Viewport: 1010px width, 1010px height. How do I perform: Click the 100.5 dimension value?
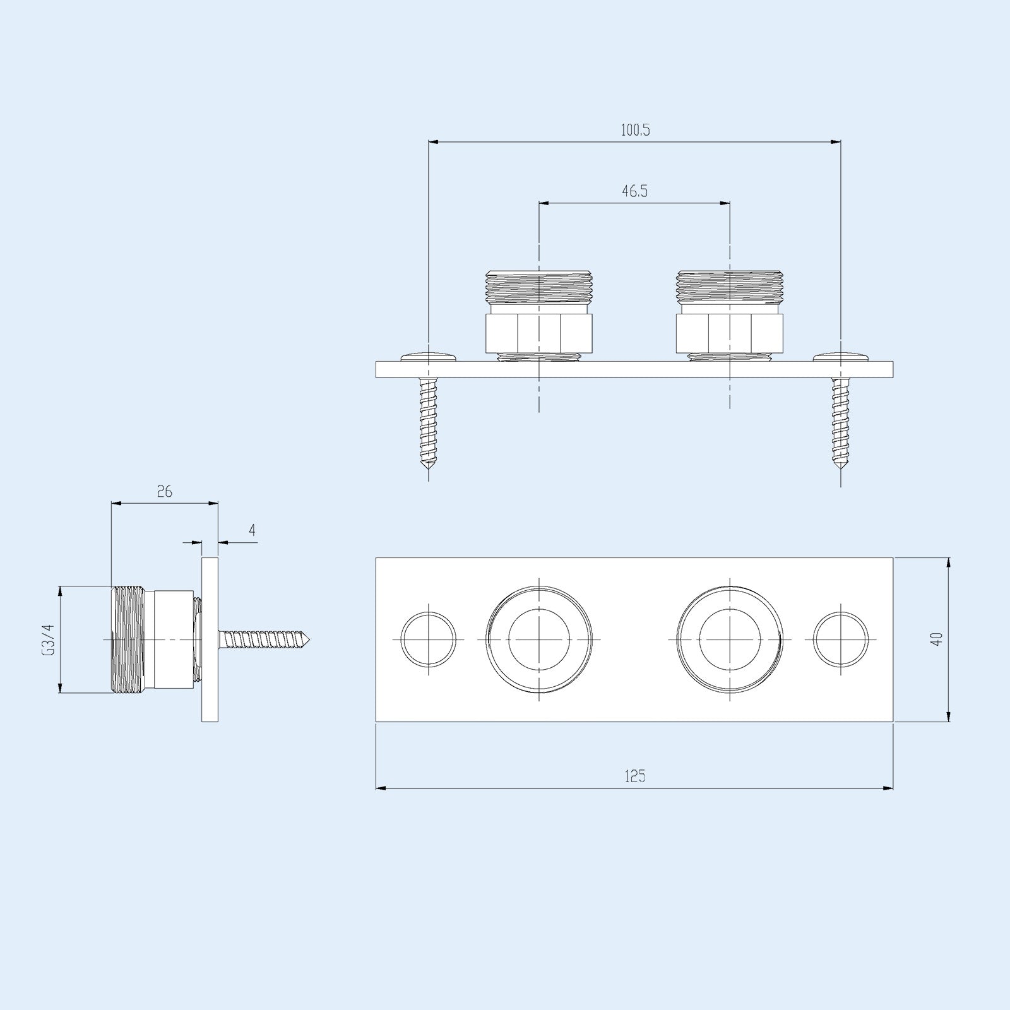635,131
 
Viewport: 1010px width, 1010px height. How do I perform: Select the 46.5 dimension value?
634,191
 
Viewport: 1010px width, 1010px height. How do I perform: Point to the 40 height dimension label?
937,638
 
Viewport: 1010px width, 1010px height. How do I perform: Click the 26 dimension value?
164,491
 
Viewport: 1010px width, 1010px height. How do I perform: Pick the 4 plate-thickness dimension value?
252,530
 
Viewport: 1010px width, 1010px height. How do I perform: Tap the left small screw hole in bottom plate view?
429,639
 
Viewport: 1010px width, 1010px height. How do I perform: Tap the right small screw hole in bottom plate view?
840,639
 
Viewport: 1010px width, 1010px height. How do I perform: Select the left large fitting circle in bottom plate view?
539,639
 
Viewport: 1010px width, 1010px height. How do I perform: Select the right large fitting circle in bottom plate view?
730,639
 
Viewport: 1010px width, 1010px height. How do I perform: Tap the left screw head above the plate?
429,357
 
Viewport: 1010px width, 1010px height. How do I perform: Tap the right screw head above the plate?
840,357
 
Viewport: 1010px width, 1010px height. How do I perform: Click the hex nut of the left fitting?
539,333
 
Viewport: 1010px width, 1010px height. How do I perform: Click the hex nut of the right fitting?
730,333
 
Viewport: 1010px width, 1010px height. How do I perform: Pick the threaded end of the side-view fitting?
129,639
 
